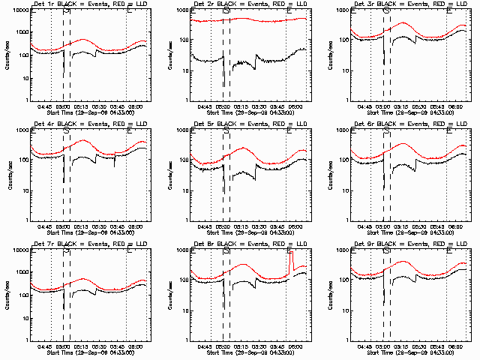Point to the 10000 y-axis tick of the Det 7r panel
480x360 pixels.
coord(20,250)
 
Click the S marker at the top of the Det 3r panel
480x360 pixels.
coord(386,11)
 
